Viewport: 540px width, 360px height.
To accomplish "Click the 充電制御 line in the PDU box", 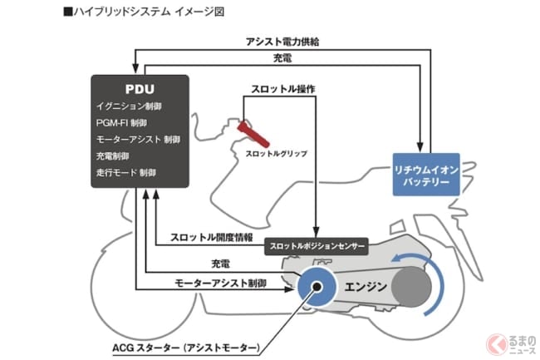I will click(115, 155).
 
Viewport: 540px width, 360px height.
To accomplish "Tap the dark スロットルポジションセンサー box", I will click(316, 246).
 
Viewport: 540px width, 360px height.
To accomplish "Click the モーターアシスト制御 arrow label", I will click(220, 283).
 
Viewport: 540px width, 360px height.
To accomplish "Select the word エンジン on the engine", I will click(366, 288).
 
